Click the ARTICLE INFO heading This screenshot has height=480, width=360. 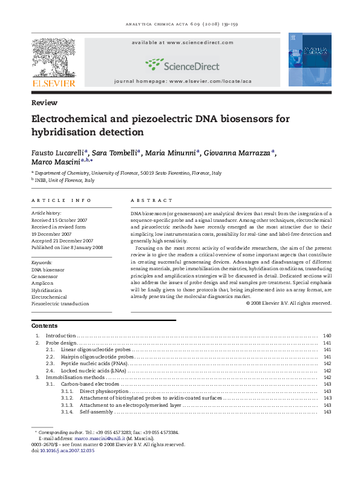tap(62, 200)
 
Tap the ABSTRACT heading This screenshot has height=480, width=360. tap(152, 200)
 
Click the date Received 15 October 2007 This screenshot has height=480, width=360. tap(59, 220)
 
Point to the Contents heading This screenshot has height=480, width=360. tap(45, 326)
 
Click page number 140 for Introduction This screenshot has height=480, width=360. tap(327, 336)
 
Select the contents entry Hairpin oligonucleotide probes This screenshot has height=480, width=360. tap(96, 357)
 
